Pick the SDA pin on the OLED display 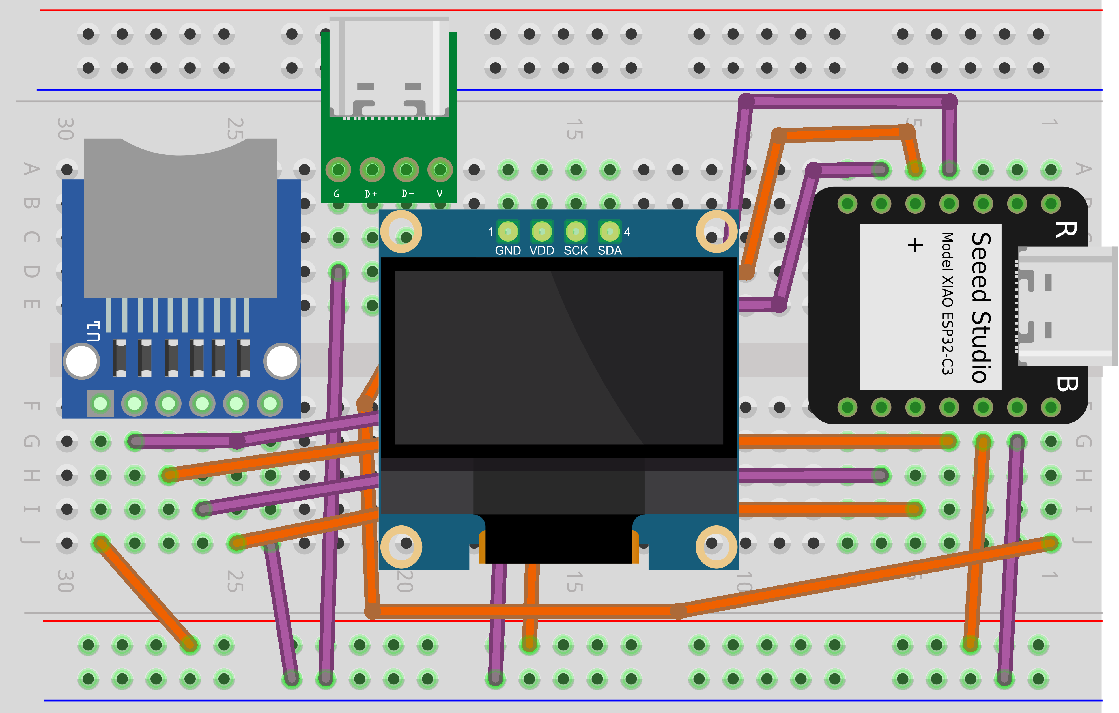(x=609, y=231)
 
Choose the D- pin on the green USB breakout (x=406, y=170)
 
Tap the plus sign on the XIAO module (x=915, y=245)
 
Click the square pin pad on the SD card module (x=100, y=403)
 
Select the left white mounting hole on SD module (x=82, y=361)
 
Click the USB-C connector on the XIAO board (x=1064, y=307)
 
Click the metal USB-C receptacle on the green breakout (x=390, y=67)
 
